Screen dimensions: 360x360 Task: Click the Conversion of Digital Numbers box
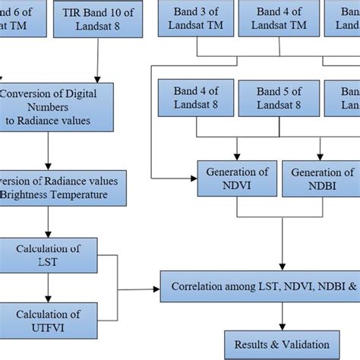coord(57,106)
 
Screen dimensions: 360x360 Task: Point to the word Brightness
coord(30,194)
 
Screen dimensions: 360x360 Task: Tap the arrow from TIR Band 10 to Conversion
coord(97,61)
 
